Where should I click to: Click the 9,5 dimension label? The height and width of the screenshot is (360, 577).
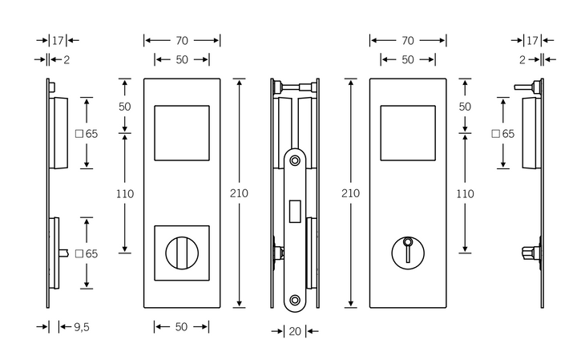[81, 327]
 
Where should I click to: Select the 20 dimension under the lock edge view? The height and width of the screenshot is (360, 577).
[295, 330]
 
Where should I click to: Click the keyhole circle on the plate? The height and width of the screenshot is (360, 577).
[408, 253]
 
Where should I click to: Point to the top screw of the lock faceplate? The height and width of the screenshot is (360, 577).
[295, 160]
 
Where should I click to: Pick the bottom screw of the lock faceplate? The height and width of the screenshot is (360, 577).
[295, 300]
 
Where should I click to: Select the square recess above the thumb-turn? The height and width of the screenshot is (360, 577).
[181, 132]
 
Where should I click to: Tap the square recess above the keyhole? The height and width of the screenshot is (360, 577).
[408, 132]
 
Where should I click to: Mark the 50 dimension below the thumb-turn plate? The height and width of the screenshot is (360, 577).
[182, 327]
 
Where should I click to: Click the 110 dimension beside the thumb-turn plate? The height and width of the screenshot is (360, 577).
[125, 193]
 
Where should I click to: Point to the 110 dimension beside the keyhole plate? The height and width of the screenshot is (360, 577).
[465, 193]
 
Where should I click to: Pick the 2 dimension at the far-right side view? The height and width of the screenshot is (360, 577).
[522, 59]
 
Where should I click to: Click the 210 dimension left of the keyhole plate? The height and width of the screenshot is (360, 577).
[351, 193]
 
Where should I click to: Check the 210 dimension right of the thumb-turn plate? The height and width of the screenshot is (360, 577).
[239, 193]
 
